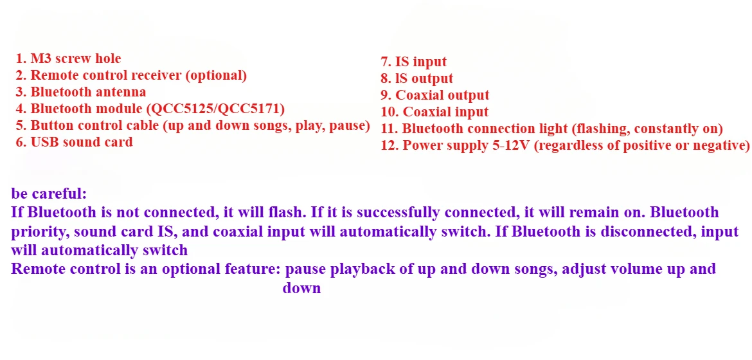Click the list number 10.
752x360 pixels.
click(x=389, y=113)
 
